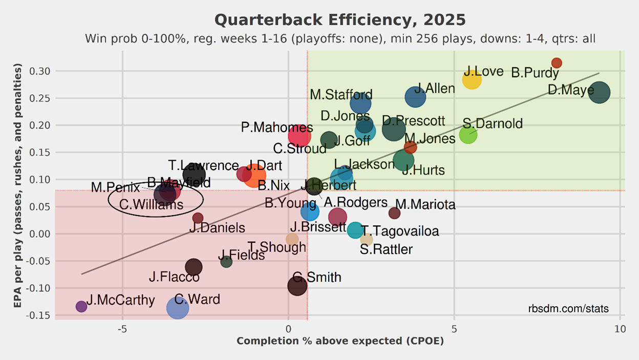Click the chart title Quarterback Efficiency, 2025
(x=340, y=20)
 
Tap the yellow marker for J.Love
(x=472, y=79)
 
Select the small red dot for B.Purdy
(x=557, y=63)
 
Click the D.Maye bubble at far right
(x=600, y=93)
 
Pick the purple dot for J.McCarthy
(x=81, y=306)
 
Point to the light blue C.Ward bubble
(x=178, y=308)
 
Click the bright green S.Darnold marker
(x=468, y=135)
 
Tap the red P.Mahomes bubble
(x=300, y=136)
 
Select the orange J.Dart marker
(x=254, y=176)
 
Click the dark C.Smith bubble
(x=297, y=285)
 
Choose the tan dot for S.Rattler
(x=367, y=239)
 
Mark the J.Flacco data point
(x=193, y=267)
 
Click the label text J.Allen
(x=434, y=89)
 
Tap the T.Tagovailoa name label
(x=400, y=231)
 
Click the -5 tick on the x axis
(x=122, y=328)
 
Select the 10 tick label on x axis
(x=620, y=328)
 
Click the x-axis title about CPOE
(x=340, y=341)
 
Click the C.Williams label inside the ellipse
(x=151, y=205)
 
